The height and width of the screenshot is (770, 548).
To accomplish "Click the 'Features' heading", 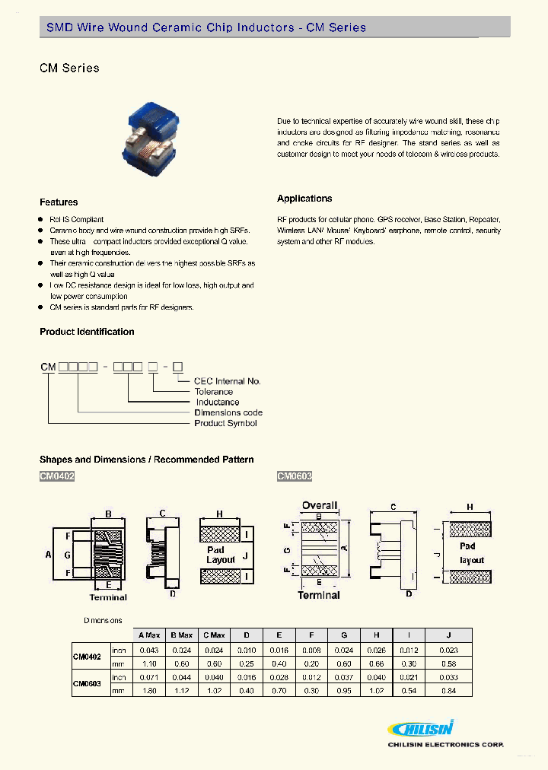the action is [x=59, y=202].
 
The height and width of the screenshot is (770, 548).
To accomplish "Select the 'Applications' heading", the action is [x=304, y=199].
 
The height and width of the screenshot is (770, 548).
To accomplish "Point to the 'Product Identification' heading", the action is [x=87, y=332].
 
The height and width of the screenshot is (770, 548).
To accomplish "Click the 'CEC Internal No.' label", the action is [x=228, y=381].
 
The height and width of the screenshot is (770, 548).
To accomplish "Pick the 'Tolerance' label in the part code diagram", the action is [x=214, y=392].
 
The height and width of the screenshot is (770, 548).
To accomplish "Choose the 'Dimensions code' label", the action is [x=228, y=412].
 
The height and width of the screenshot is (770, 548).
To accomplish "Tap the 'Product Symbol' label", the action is [x=225, y=423].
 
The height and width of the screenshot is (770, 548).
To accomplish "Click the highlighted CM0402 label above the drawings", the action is [x=57, y=476].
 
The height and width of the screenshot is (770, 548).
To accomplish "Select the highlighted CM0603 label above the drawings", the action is [x=295, y=476].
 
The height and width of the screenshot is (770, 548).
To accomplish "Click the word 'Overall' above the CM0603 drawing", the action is [x=320, y=505].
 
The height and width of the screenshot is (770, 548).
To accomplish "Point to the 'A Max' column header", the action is [x=148, y=635].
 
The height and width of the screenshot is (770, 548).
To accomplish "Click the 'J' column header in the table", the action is [x=448, y=635].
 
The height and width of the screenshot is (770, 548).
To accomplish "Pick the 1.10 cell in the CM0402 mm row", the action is [x=148, y=663].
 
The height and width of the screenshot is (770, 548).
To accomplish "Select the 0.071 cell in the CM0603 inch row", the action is [x=148, y=676].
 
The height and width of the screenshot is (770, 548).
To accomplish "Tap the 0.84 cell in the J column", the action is [x=448, y=690].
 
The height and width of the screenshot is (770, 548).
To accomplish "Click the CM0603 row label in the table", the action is [x=87, y=683].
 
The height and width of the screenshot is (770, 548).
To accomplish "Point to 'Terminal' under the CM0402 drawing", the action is [x=108, y=597].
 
